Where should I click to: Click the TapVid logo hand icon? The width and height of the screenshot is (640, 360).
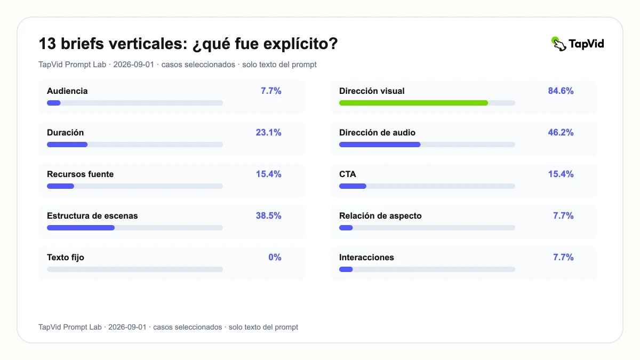[x=559, y=44]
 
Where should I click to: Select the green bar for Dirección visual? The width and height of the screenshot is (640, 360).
[x=413, y=103]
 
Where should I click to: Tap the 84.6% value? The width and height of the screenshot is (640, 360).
[x=561, y=91]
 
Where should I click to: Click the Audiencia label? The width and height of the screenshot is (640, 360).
[x=67, y=91]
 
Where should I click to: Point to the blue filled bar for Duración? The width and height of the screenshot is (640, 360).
[x=67, y=145]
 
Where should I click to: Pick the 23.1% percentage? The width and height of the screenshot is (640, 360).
[x=268, y=133]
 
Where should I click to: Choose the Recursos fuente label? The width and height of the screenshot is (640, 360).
[x=81, y=174]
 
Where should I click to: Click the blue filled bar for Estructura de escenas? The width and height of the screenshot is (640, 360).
[x=81, y=228]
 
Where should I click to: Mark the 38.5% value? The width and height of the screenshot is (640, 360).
[x=268, y=215]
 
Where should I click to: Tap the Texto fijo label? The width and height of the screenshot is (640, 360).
[x=66, y=258]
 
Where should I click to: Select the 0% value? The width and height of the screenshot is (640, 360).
[x=275, y=258]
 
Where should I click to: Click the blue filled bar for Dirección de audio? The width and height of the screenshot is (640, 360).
[x=380, y=145]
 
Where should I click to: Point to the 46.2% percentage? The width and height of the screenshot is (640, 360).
[x=561, y=133]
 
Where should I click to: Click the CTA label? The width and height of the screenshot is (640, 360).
[x=347, y=174]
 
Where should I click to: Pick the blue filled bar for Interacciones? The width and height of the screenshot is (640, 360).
[x=346, y=269]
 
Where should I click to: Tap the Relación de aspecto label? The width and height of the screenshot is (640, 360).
[x=380, y=215]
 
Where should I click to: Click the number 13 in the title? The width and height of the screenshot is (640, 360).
[x=47, y=44]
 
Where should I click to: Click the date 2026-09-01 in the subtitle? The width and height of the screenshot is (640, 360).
[x=133, y=65]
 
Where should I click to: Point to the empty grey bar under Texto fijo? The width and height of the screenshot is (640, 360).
[x=135, y=269]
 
